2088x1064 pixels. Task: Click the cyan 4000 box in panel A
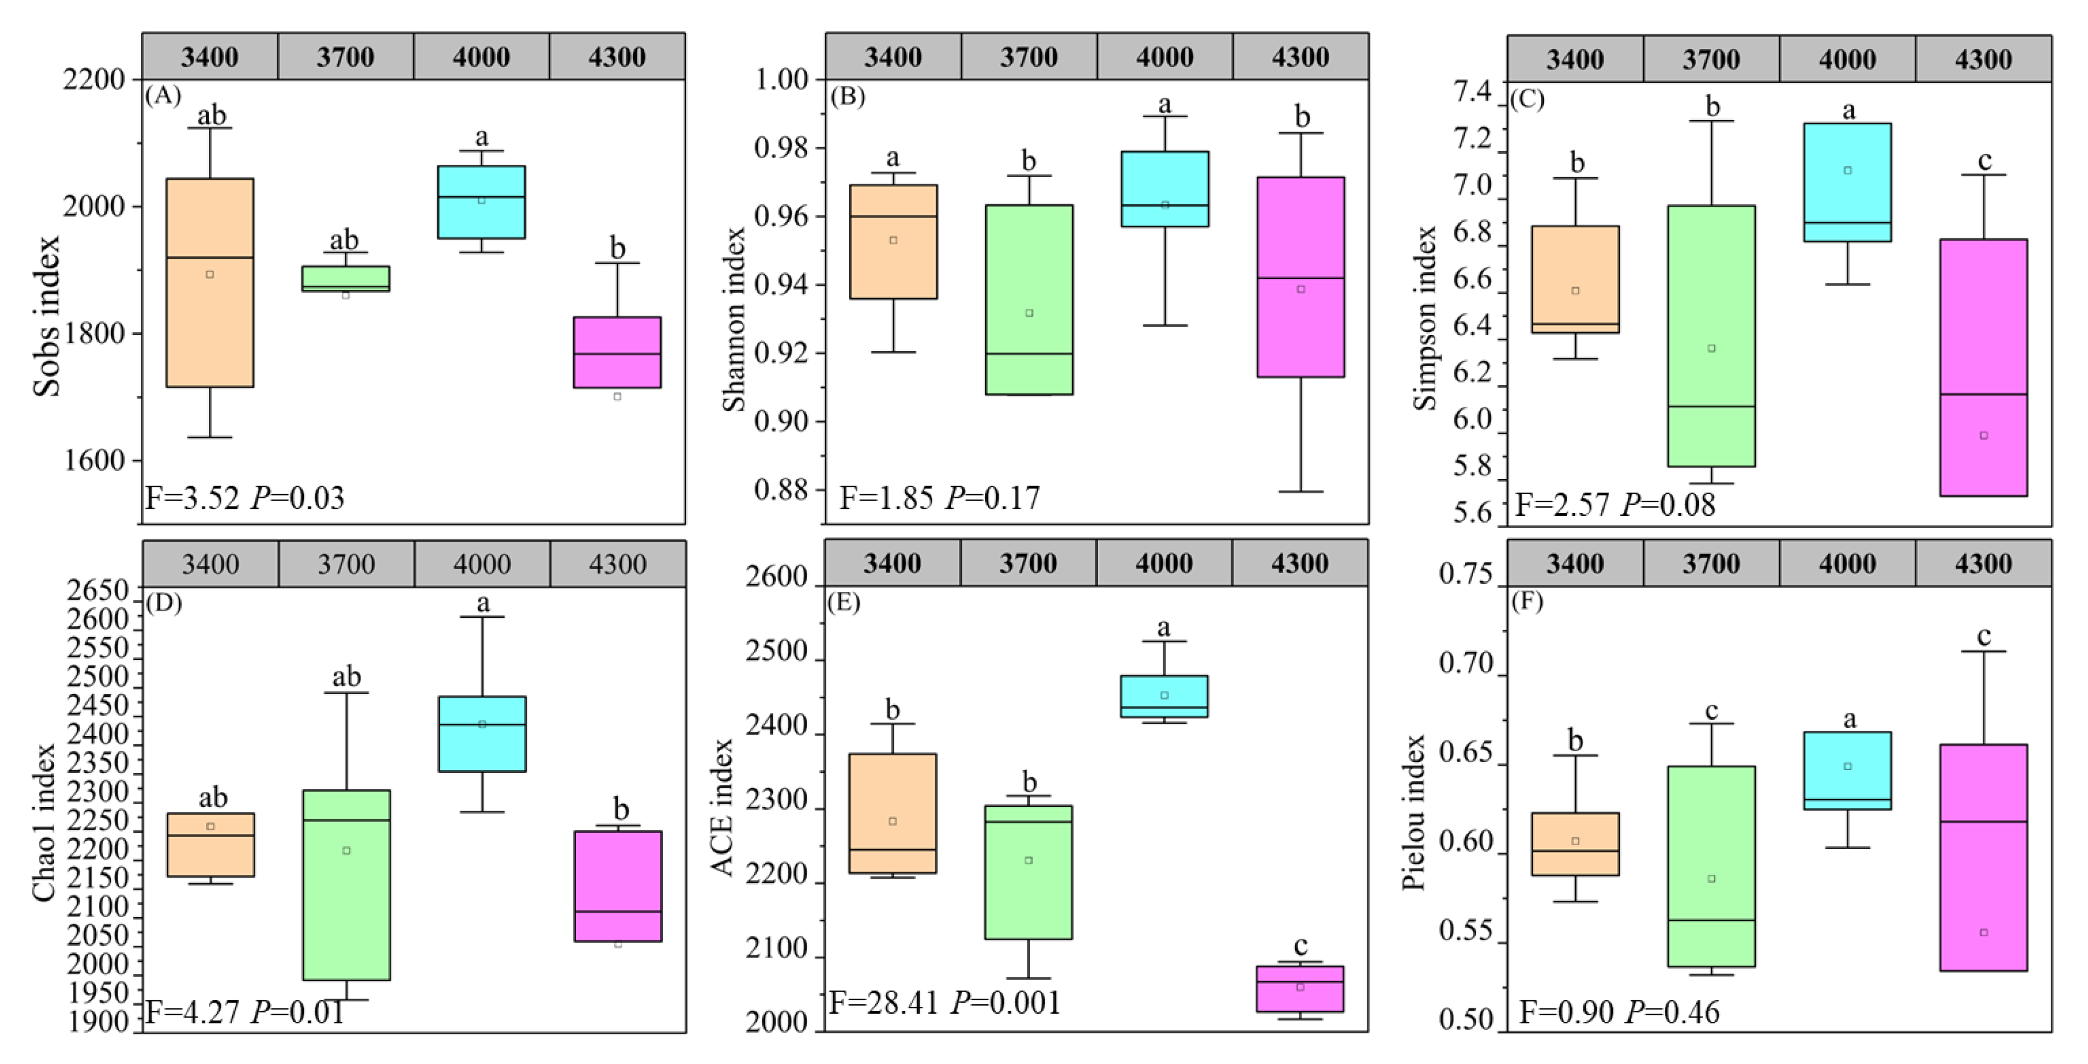[482, 202]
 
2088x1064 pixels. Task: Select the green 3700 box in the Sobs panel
[345, 278]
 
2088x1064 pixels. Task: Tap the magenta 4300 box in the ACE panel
[1300, 988]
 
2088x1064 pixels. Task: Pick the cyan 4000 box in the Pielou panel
[1847, 770]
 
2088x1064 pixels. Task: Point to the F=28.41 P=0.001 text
[944, 1003]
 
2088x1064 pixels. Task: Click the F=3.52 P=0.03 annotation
[244, 497]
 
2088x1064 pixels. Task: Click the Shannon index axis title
[734, 319]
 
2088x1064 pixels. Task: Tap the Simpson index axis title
[1424, 319]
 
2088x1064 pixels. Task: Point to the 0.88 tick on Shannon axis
[781, 490]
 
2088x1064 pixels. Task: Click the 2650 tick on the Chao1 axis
[98, 590]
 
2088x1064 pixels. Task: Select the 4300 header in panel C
[1983, 59]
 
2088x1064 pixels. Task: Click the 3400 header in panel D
[211, 564]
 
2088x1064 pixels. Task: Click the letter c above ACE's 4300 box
[1300, 946]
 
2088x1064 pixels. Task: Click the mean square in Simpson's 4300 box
[1983, 435]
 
